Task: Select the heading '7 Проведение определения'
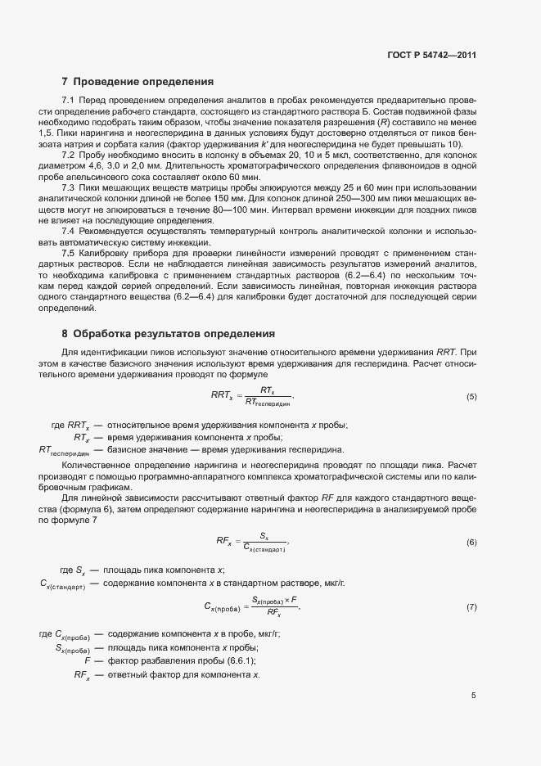point(138,82)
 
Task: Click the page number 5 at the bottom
point(473,696)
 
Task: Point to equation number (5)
point(471,397)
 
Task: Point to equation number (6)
point(471,543)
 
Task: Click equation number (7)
point(471,607)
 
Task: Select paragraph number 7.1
point(69,99)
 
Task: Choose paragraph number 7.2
point(69,155)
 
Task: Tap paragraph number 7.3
point(69,188)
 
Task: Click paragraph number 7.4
point(69,231)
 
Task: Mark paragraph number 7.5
point(69,254)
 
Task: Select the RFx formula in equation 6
point(253,543)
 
